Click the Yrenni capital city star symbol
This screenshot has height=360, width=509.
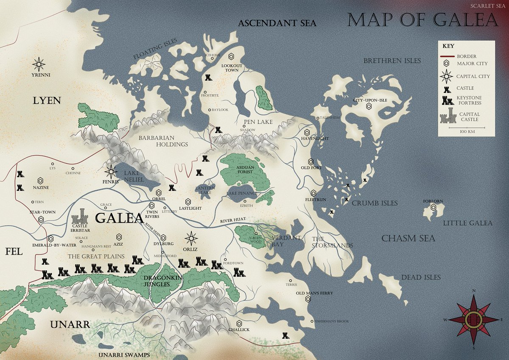click(39, 64)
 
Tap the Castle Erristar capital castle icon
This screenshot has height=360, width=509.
click(80, 217)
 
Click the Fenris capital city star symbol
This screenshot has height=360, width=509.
click(111, 171)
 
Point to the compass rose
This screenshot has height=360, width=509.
click(474, 319)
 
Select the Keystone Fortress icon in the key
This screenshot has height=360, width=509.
click(447, 100)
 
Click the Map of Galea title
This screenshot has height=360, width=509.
click(422, 20)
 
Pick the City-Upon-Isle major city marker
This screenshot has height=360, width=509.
click(369, 107)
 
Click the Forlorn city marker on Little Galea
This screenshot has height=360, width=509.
click(433, 207)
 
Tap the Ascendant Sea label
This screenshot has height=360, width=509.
click(277, 23)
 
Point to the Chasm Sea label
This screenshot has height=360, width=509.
click(408, 238)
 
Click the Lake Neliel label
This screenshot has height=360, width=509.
click(134, 176)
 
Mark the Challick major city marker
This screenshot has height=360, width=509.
click(240, 324)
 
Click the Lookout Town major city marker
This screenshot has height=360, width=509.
click(232, 56)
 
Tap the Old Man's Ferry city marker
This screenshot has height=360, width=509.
click(309, 299)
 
